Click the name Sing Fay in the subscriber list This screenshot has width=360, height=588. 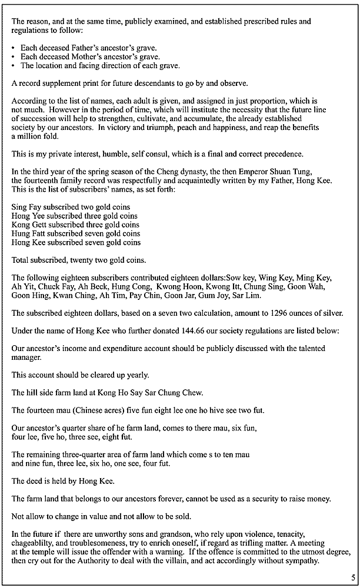click(25, 207)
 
